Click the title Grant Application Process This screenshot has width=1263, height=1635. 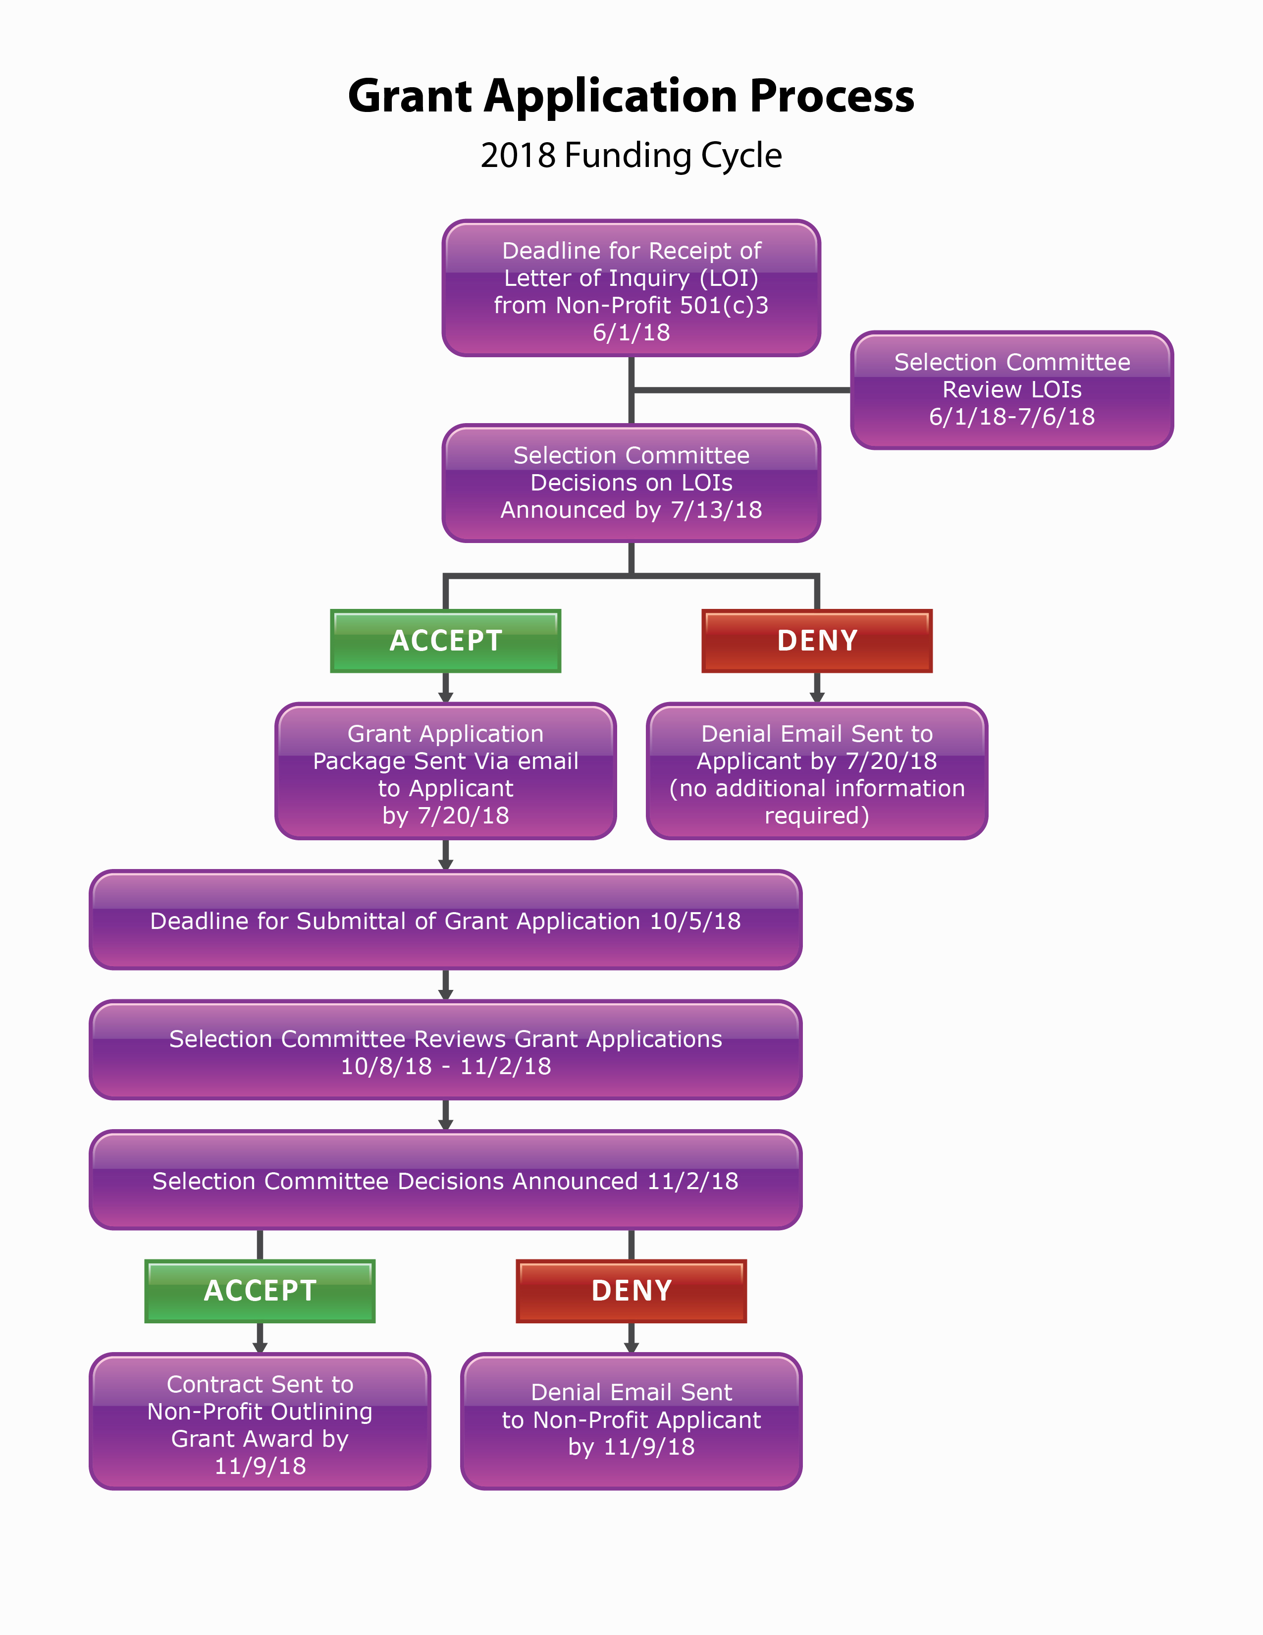coord(631,97)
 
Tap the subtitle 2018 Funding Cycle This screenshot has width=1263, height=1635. coord(631,156)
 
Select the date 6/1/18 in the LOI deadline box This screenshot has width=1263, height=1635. coord(631,332)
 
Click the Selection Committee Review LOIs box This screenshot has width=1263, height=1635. coord(1011,389)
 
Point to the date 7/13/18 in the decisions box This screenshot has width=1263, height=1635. coord(716,510)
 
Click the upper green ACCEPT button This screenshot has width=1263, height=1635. coord(445,641)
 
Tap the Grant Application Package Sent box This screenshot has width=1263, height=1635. coord(445,771)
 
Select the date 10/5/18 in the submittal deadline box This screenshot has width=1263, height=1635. coord(695,921)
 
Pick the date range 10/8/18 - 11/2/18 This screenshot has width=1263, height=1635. coord(445,1066)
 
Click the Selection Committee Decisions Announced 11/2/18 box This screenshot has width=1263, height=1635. coord(445,1181)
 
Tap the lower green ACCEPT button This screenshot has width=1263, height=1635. coord(260,1291)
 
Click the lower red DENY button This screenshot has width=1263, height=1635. coord(631,1291)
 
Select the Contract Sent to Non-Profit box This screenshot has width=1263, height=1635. coord(260,1421)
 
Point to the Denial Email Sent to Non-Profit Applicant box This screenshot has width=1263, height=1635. coord(631,1421)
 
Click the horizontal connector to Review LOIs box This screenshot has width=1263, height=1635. coord(741,390)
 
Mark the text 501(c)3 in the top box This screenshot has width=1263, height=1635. coord(724,305)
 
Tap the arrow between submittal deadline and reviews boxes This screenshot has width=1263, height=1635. coord(445,984)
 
